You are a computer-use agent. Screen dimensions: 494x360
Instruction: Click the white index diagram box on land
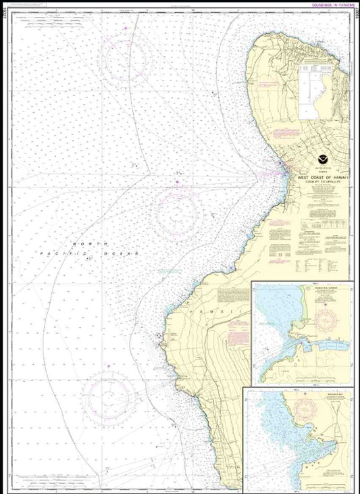[317, 94]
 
